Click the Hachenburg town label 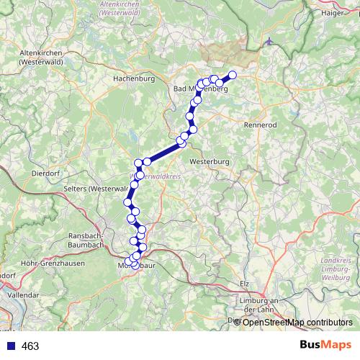coord(134,79)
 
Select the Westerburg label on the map coord(211,161)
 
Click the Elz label coord(245,284)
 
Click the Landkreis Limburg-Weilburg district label coord(336,269)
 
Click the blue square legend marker coord(9,346)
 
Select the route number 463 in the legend coord(30,346)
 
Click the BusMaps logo coord(325,346)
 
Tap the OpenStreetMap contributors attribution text coord(296,323)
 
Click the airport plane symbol coord(269,41)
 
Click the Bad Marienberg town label coord(199,89)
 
